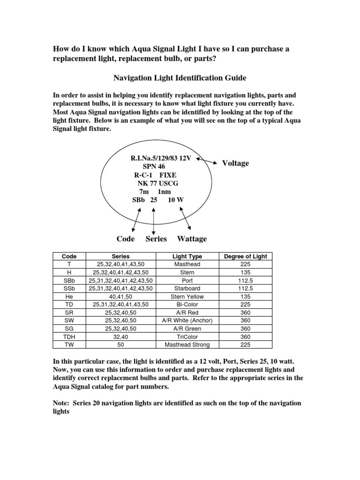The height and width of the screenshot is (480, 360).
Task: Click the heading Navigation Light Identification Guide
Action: [x=180, y=77]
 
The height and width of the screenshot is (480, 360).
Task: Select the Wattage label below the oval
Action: [x=192, y=239]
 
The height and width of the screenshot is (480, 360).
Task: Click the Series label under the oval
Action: [x=156, y=239]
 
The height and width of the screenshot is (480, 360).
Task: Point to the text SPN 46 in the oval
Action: [x=153, y=166]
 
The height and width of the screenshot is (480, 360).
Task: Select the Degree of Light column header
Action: [x=246, y=256]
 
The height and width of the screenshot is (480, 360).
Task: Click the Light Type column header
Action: [x=187, y=256]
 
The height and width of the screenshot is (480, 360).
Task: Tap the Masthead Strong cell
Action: [x=187, y=345]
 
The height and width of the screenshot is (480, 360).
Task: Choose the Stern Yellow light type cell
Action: [x=187, y=297]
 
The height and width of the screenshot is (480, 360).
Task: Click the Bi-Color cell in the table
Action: [x=187, y=305]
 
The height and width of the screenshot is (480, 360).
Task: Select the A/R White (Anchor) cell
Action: [x=187, y=321]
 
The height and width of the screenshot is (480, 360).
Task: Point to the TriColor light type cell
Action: [x=187, y=337]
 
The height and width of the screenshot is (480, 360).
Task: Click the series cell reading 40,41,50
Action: [x=121, y=297]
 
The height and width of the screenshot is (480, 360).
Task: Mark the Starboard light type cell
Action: [x=187, y=289]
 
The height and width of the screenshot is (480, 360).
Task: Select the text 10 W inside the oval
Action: [x=175, y=200]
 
